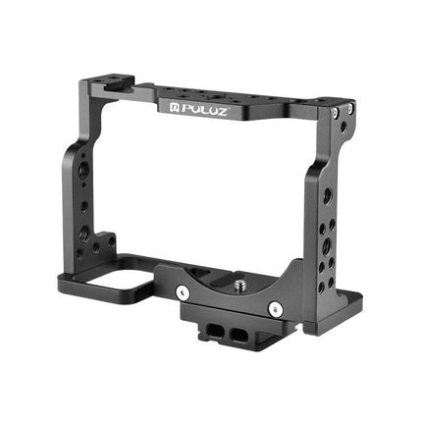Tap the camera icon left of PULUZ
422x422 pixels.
point(164,98)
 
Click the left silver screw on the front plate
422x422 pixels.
point(184,291)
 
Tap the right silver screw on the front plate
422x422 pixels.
point(277,310)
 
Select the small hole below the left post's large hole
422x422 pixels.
point(83,207)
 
